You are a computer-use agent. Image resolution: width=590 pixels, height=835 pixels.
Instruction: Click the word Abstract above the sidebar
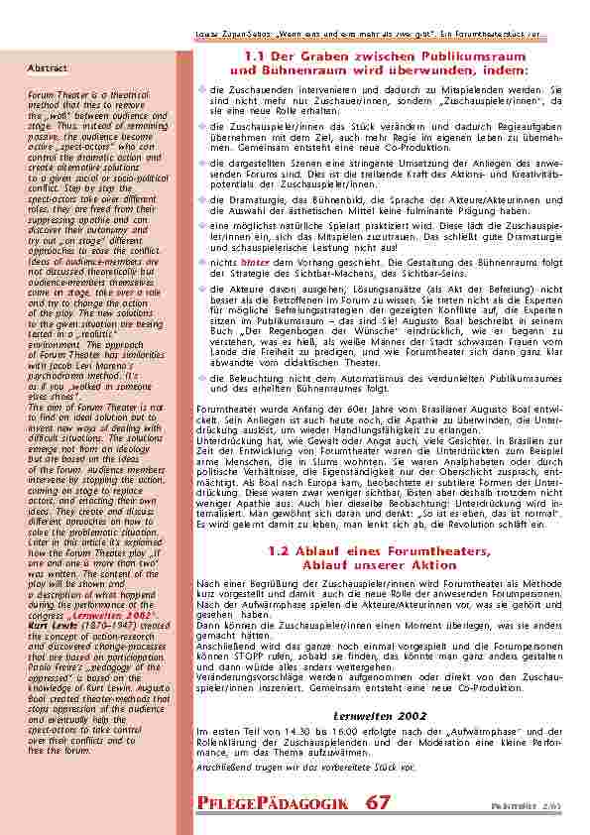(x=48, y=68)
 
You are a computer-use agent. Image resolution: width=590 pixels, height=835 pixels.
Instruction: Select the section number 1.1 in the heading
(x=256, y=58)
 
